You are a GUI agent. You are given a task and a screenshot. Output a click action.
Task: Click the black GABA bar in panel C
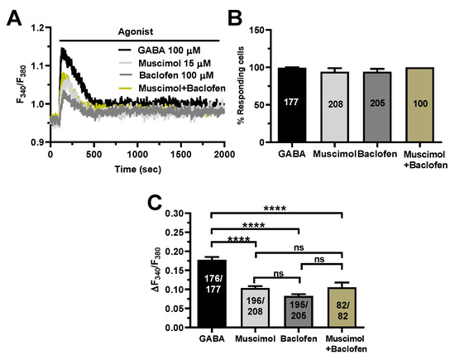[213, 294]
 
